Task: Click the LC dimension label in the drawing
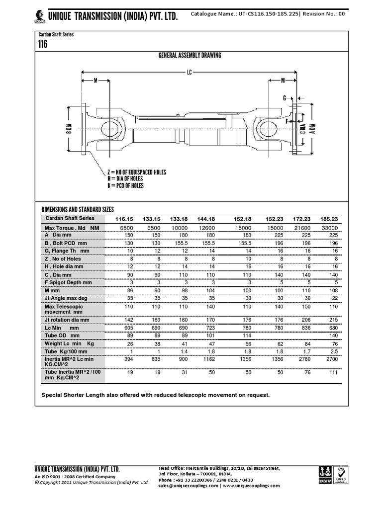pyautogui.click(x=189, y=72)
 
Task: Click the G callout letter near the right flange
pyautogui.click(x=285, y=98)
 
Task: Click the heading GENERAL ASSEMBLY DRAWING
pyautogui.click(x=189, y=55)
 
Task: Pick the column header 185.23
pyautogui.click(x=329, y=219)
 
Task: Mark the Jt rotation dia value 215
pyautogui.click(x=333, y=320)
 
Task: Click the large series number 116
pyautogui.click(x=43, y=44)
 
